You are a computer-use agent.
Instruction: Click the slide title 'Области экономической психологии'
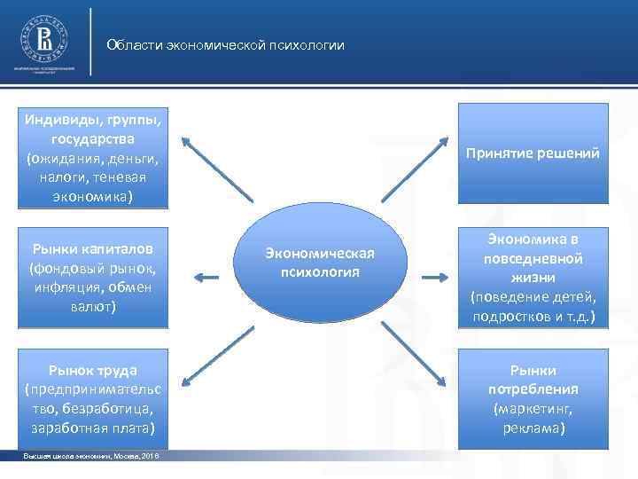click(x=225, y=45)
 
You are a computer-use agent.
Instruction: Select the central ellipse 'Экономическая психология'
click(x=320, y=263)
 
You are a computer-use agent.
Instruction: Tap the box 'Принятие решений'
click(x=532, y=153)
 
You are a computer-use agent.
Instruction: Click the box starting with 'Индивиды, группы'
click(x=93, y=156)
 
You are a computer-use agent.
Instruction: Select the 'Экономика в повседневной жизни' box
click(x=532, y=277)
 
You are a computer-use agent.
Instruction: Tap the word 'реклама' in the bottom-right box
click(x=532, y=428)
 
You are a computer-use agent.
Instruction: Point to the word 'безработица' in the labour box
click(x=115, y=409)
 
